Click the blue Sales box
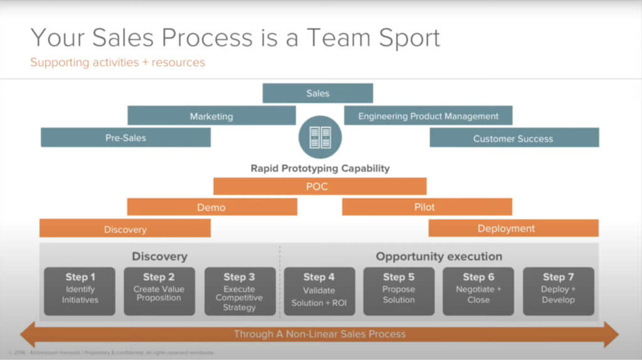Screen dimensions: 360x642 (x=318, y=93)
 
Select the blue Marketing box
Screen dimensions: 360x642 (x=211, y=115)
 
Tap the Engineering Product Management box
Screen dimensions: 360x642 (x=428, y=115)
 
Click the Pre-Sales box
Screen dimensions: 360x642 (x=125, y=137)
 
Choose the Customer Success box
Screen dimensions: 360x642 (x=513, y=138)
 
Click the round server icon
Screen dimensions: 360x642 (x=320, y=137)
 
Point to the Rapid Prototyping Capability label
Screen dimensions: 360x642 (x=320, y=168)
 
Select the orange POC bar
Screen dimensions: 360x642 (x=320, y=186)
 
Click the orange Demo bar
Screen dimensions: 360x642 (x=211, y=207)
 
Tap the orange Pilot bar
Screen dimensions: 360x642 (x=427, y=207)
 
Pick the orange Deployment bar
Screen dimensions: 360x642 (x=513, y=228)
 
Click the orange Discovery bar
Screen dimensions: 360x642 (x=125, y=229)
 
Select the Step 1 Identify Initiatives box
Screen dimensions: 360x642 (x=80, y=291)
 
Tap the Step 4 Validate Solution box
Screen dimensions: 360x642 (x=319, y=291)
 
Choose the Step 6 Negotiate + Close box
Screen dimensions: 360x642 (x=478, y=291)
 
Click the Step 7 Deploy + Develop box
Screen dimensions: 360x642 (x=558, y=291)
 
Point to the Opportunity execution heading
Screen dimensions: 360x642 (x=439, y=257)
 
